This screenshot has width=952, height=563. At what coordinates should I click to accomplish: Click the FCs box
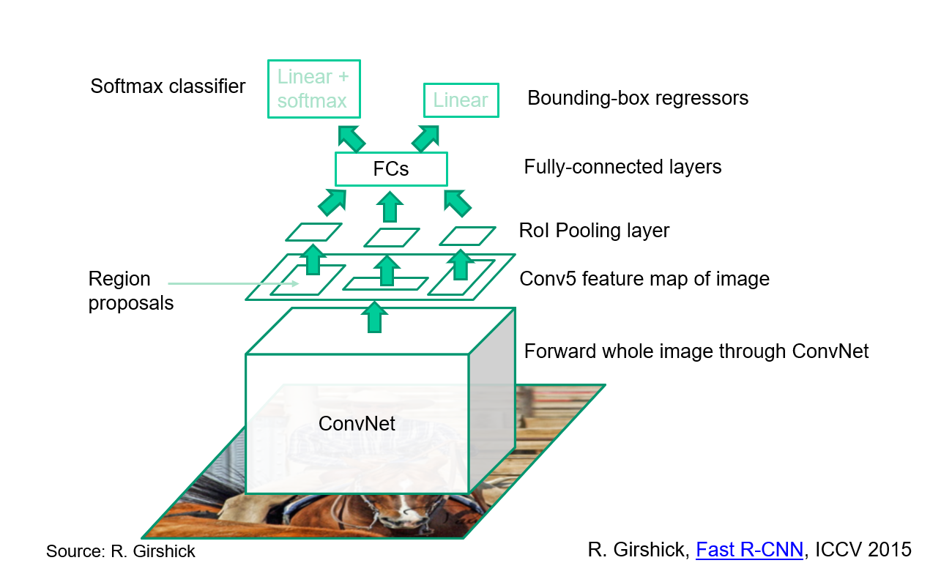pyautogui.click(x=390, y=169)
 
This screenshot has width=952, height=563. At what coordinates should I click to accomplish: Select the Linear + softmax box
pyautogui.click(x=313, y=89)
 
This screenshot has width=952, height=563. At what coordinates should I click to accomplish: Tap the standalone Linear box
pyautogui.click(x=461, y=100)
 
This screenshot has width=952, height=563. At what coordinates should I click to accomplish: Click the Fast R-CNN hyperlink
pyautogui.click(x=749, y=549)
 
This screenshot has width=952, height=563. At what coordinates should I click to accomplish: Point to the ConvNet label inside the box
pyautogui.click(x=357, y=423)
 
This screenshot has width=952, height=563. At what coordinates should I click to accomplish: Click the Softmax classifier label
pyautogui.click(x=168, y=86)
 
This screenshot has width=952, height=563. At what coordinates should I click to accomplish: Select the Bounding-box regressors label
pyautogui.click(x=638, y=98)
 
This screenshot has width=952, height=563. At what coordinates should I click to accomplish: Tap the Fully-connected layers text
pyautogui.click(x=622, y=167)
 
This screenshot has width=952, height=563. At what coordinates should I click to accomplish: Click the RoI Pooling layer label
pyautogui.click(x=594, y=231)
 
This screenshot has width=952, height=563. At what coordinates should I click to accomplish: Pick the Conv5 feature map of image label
pyautogui.click(x=644, y=279)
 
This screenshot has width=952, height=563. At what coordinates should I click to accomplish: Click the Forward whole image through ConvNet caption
pyautogui.click(x=696, y=351)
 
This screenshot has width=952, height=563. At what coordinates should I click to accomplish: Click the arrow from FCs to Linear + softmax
pyautogui.click(x=351, y=138)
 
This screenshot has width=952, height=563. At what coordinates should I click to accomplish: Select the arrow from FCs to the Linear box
pyautogui.click(x=425, y=138)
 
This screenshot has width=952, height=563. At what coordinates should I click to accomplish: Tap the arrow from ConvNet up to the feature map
pyautogui.click(x=374, y=318)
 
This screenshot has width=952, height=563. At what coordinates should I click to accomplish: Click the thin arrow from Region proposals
pyautogui.click(x=234, y=283)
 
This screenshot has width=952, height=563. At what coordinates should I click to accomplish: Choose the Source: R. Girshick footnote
pyautogui.click(x=121, y=551)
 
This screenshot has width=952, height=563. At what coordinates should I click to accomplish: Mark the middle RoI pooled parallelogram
pyautogui.click(x=391, y=237)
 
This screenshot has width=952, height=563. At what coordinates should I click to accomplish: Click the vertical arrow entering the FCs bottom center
pyautogui.click(x=390, y=206)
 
